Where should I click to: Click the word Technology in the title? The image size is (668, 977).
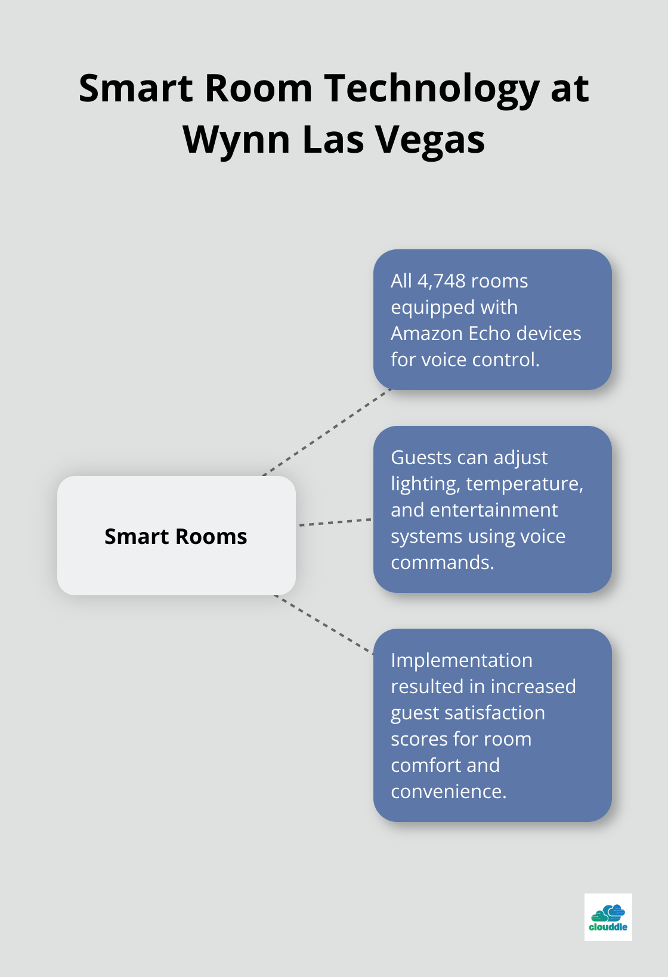click(x=432, y=89)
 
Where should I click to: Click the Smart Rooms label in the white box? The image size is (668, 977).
click(x=176, y=536)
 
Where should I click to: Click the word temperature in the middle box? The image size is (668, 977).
click(x=525, y=484)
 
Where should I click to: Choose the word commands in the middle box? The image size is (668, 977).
click(x=443, y=562)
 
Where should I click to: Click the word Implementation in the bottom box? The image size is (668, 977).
click(x=462, y=660)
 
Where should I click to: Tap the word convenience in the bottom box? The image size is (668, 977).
click(x=449, y=792)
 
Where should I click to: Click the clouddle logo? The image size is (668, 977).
click(x=608, y=917)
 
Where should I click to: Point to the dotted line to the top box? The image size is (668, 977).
click(x=327, y=432)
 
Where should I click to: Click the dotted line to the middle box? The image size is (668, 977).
click(x=335, y=522)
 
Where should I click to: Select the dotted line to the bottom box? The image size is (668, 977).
click(x=324, y=624)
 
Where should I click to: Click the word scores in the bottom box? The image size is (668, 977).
click(x=420, y=739)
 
